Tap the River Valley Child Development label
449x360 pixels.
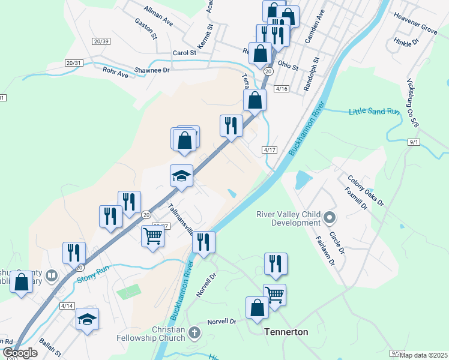[x=288, y=218]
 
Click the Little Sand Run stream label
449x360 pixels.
[x=374, y=111]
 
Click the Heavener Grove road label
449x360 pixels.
[x=415, y=28]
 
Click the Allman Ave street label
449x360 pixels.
[x=158, y=16]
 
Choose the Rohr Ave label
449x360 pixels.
[x=115, y=75]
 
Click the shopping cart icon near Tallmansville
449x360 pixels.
[x=153, y=236]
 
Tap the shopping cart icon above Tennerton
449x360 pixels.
[x=274, y=294]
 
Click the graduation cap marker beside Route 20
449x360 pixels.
[x=181, y=176]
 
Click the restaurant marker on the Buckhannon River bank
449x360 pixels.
[x=203, y=242]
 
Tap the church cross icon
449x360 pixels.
[x=194, y=332]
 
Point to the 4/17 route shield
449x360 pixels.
[x=269, y=150]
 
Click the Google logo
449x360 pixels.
[x=19, y=353]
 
